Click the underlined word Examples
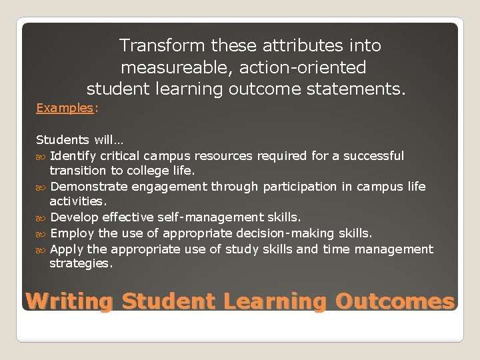[65, 107]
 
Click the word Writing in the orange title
[69, 302]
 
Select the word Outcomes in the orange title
[395, 302]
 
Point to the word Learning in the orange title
[275, 302]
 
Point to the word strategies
[81, 264]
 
